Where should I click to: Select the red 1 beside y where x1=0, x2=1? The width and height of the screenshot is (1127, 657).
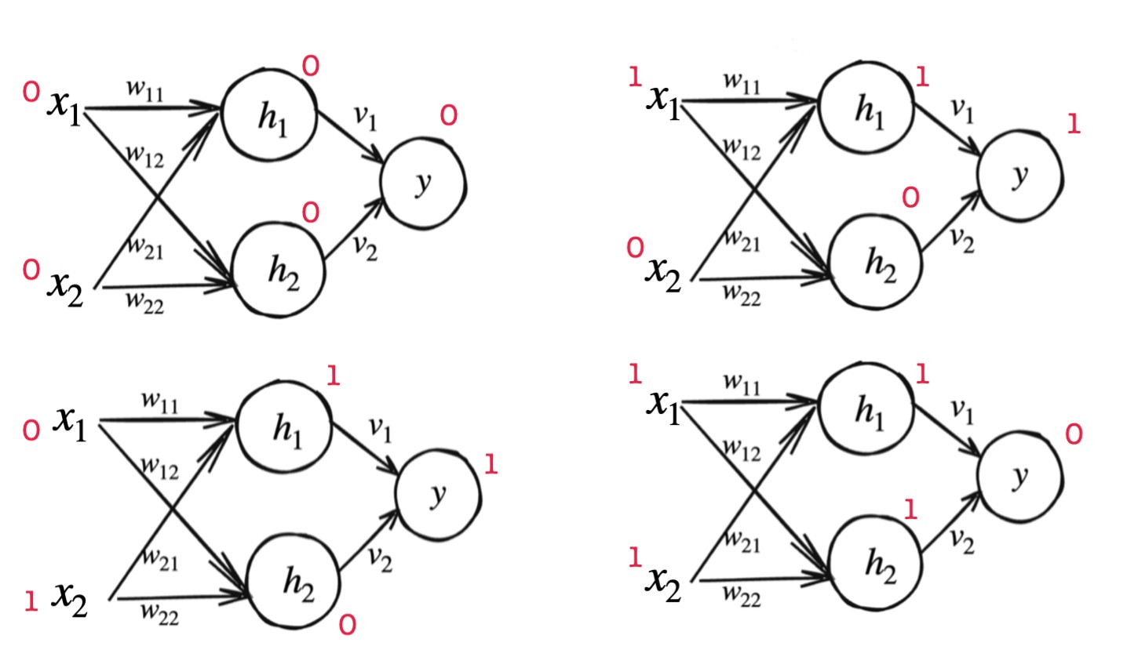pos(491,465)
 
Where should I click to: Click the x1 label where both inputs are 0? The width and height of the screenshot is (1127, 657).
pos(64,104)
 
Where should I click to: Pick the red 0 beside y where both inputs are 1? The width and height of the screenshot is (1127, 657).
pos(1074,434)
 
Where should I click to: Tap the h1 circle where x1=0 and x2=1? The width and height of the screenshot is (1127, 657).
pos(284,427)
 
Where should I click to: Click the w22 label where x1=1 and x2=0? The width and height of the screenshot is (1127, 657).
pos(742,295)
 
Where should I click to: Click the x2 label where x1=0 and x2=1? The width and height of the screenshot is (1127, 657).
pos(69,597)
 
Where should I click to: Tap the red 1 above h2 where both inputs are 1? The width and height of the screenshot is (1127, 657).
pos(910,510)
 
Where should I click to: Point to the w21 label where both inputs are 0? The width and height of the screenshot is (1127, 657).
pos(146,249)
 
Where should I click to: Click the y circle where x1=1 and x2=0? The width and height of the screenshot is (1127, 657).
pos(1019,176)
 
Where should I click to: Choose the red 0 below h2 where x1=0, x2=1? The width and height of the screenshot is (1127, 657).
pos(347,625)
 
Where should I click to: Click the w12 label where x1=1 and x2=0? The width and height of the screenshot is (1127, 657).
pos(742,148)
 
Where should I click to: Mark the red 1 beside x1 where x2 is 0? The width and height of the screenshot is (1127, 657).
pos(635,77)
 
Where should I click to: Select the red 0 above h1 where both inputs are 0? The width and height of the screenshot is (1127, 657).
pos(311,67)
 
